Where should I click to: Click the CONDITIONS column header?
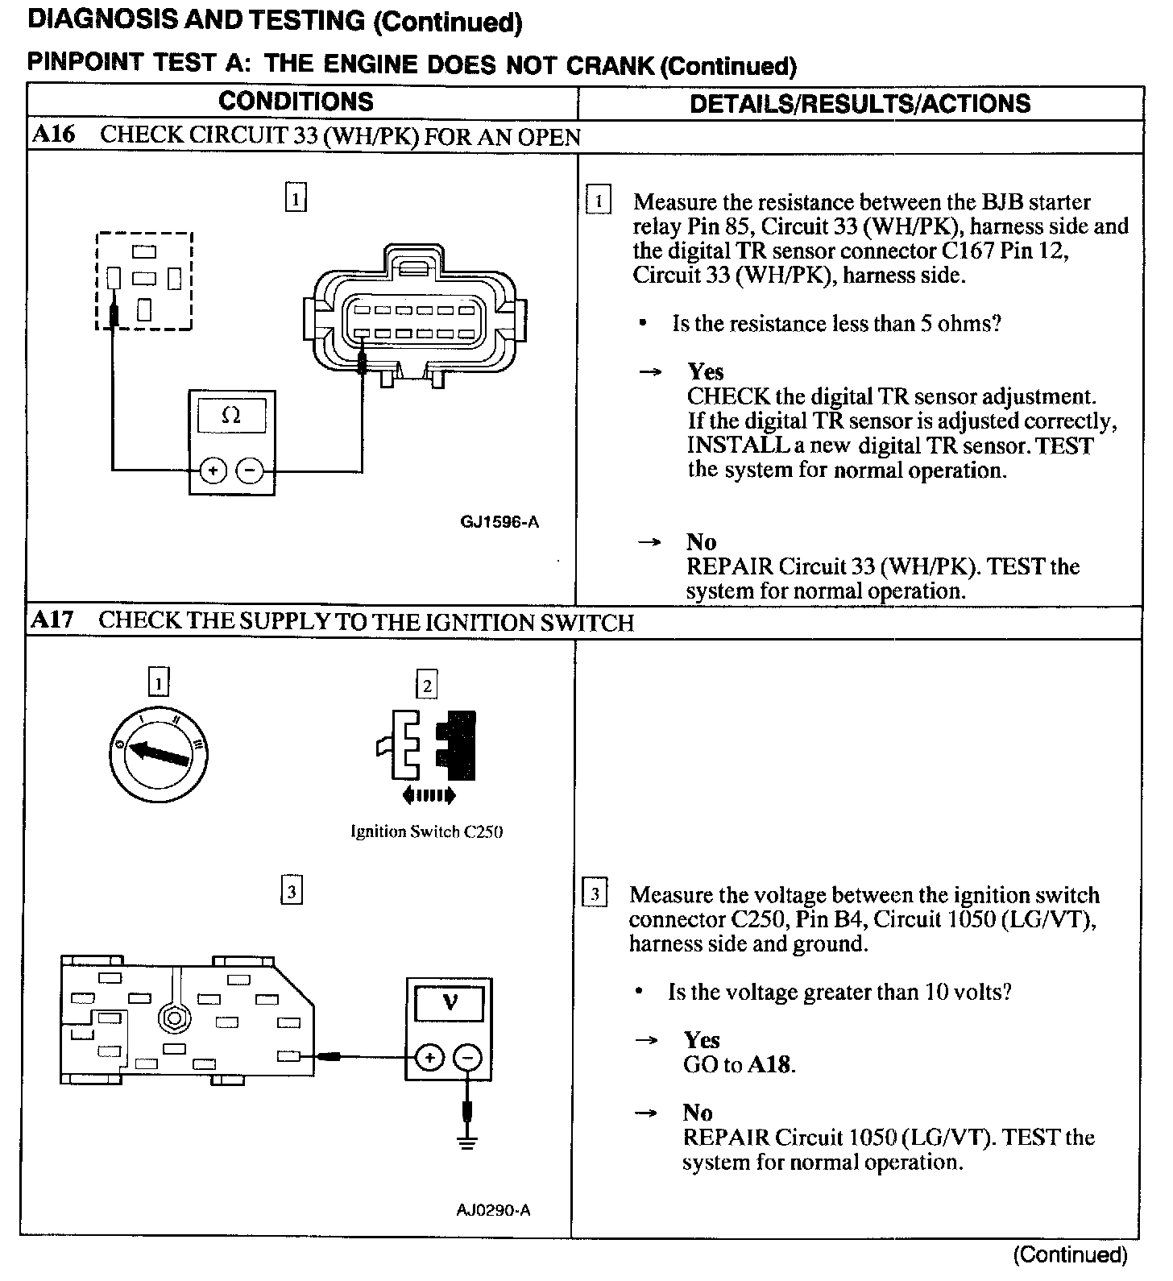pyautogui.click(x=296, y=102)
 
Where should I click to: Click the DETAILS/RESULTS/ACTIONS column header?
pyautogui.click(x=860, y=103)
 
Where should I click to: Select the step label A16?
pyautogui.click(x=53, y=135)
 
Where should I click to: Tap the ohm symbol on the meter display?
pyautogui.click(x=231, y=417)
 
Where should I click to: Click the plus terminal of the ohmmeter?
pyautogui.click(x=213, y=471)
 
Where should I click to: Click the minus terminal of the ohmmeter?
pyautogui.click(x=251, y=471)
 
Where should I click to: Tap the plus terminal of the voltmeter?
pyautogui.click(x=430, y=1058)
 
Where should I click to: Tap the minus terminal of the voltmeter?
pyautogui.click(x=468, y=1058)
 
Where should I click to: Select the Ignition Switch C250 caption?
pyautogui.click(x=426, y=831)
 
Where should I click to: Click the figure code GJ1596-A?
pyautogui.click(x=499, y=522)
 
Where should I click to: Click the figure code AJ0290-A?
pyautogui.click(x=493, y=1210)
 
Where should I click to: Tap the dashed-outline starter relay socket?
pyautogui.click(x=144, y=280)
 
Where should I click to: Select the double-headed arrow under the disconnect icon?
pyautogui.click(x=428, y=796)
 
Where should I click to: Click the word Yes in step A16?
pyautogui.click(x=706, y=371)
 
